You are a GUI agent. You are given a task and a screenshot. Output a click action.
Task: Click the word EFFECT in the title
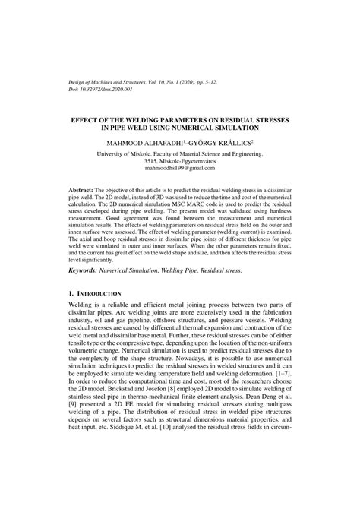(84, 121)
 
